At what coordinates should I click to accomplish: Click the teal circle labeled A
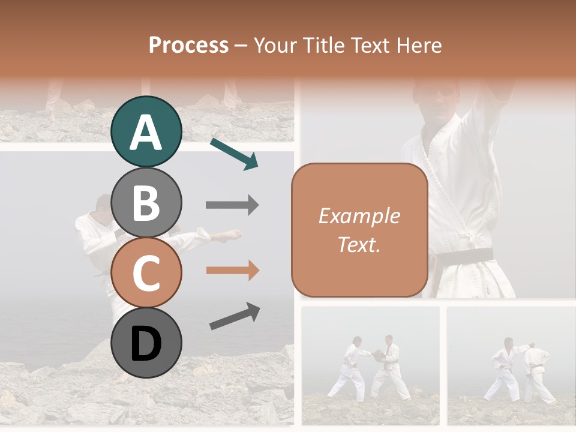pos(146,131)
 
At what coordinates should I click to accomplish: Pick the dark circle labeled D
pos(146,343)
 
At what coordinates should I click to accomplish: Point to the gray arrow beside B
pos(232,205)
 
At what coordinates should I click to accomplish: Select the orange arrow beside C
pos(232,271)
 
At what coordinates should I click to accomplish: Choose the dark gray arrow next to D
pos(235,316)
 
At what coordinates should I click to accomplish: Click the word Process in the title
pos(188,46)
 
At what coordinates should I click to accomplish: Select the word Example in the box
pos(359,216)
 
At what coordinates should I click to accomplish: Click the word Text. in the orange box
pos(359,244)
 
